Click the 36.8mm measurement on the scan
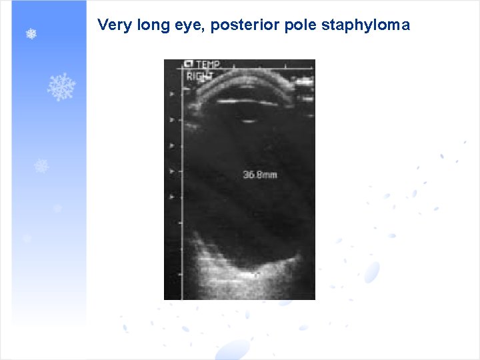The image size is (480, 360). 260,175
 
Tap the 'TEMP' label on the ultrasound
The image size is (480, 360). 207,65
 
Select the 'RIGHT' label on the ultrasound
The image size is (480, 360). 199,76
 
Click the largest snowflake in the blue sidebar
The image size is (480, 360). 62,87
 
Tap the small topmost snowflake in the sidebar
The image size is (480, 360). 31,33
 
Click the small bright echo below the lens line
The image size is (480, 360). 249,121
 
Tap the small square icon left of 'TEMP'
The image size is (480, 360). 189,65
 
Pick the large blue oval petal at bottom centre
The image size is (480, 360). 233,349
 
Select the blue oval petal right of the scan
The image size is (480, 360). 371,271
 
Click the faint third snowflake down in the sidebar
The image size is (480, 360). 41,166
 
